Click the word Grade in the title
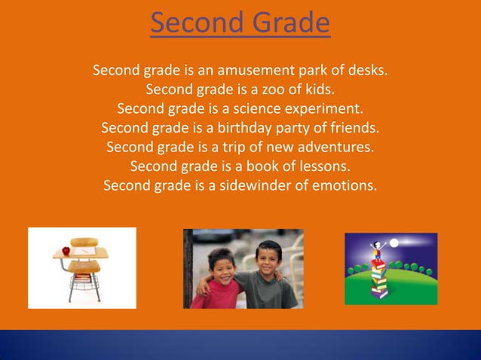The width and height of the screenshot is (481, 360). [290, 23]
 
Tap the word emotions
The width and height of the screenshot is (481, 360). [342, 185]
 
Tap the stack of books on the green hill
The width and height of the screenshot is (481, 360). [377, 279]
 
